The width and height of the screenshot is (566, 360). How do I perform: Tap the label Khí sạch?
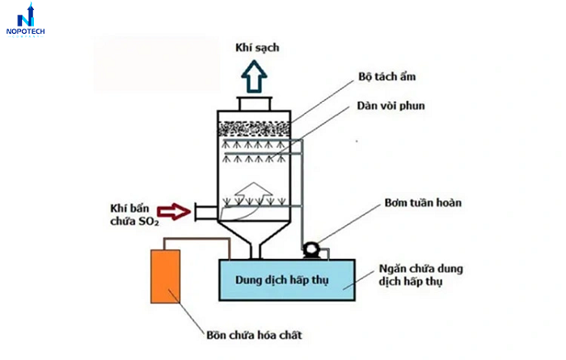point(258,48)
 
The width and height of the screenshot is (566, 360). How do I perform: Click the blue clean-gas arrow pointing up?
point(258,77)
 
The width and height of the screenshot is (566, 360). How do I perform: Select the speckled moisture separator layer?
point(258,128)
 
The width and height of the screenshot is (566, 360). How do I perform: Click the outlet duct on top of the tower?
point(258,104)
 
